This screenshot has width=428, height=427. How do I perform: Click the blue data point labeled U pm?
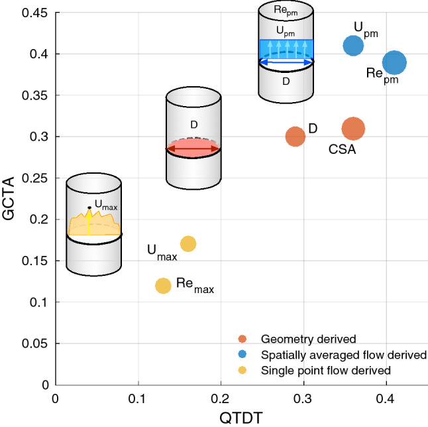point(354,45)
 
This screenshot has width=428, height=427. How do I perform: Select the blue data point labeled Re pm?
point(394,62)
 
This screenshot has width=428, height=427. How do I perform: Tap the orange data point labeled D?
point(295,137)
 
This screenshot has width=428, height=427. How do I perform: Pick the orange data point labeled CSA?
point(353,129)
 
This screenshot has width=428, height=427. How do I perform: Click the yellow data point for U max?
point(188,244)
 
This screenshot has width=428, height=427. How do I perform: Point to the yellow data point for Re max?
point(163,286)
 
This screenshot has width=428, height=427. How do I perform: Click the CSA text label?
point(343,149)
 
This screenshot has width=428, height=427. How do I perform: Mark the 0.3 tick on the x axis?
point(303,396)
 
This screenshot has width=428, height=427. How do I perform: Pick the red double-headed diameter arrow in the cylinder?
point(192,151)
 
